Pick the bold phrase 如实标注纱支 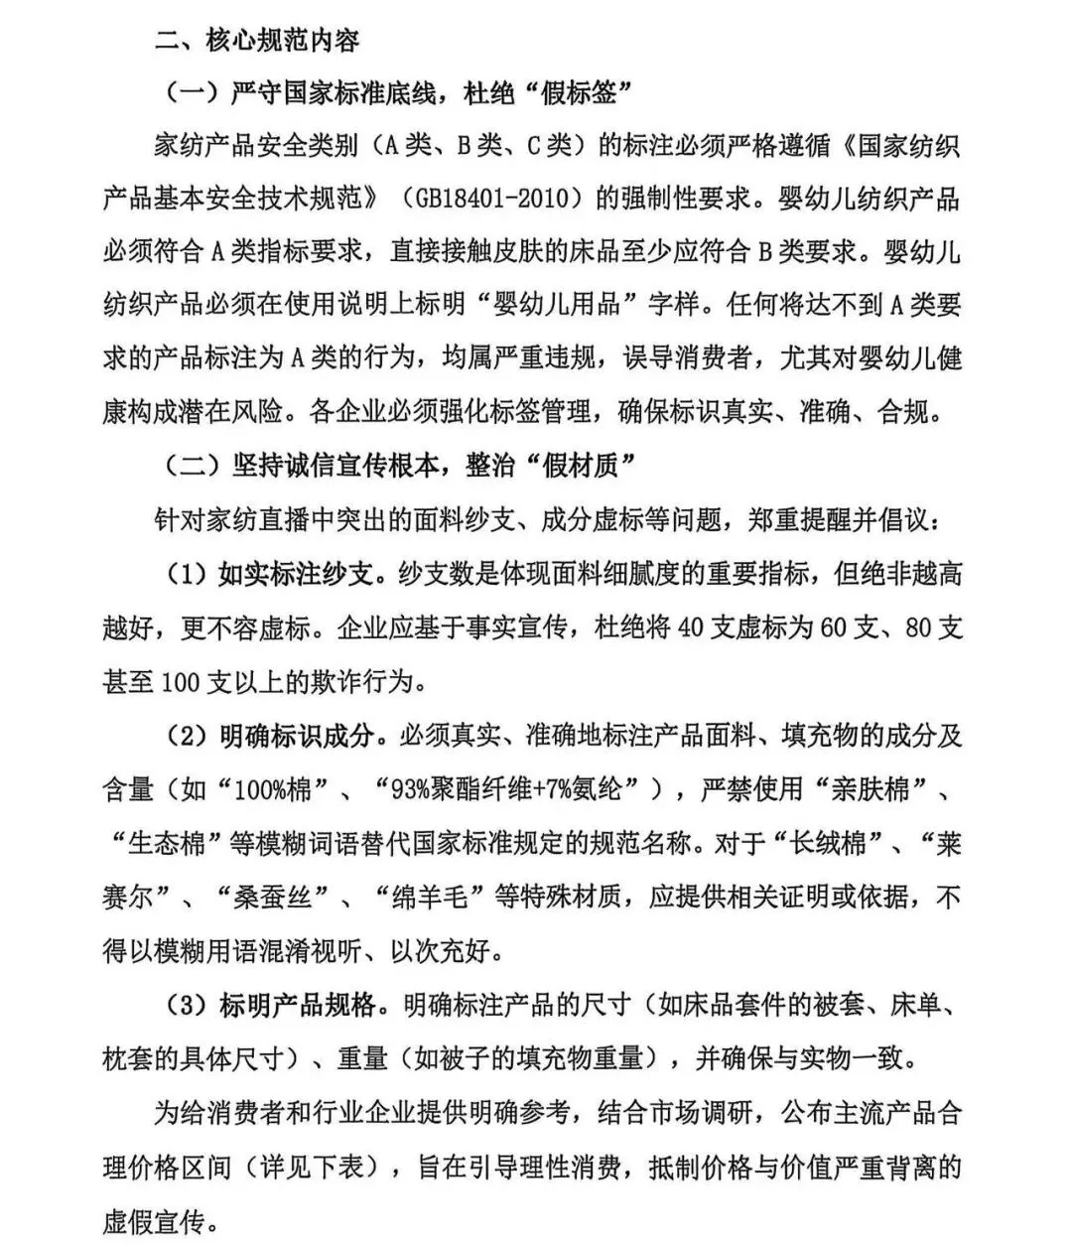coord(296,574)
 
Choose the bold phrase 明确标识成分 coord(296,736)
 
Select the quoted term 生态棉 coord(167,844)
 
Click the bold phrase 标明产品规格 coord(296,1006)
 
